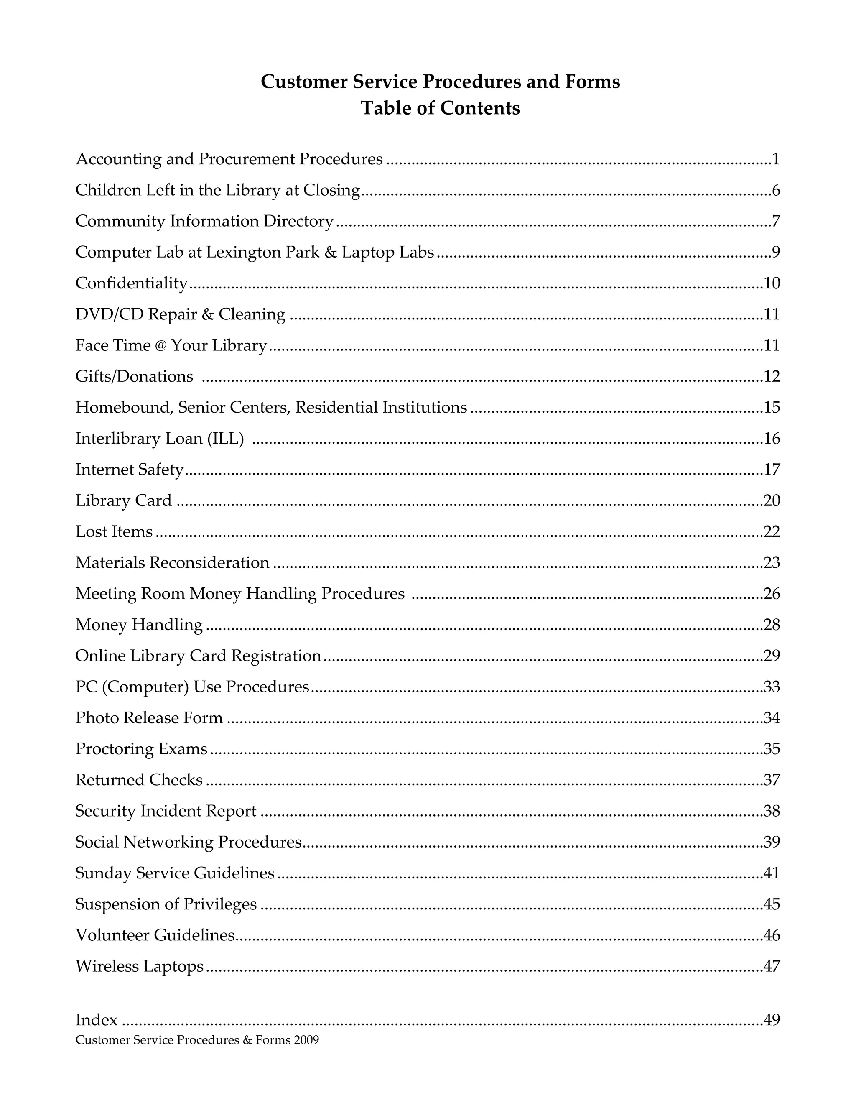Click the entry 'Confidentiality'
coord(131,283)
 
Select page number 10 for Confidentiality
coord(771,283)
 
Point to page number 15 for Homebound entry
coord(771,407)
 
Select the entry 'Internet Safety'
coord(129,469)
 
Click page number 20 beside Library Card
coord(771,501)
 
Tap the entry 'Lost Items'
coord(114,532)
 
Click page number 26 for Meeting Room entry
coord(771,594)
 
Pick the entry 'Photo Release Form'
coord(149,718)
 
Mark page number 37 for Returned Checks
coord(771,780)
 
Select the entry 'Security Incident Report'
coord(166,811)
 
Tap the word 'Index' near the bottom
coord(97,1020)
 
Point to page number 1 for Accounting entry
coord(775,159)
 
